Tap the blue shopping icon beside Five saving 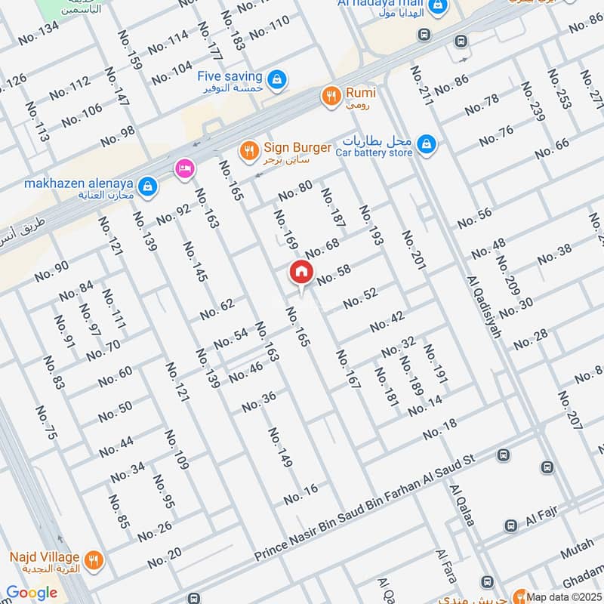point(277,78)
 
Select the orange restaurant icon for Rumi point(330,96)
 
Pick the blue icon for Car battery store point(427,143)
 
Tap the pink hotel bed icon point(183,169)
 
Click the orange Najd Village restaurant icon point(94,559)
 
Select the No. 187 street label point(333,208)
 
